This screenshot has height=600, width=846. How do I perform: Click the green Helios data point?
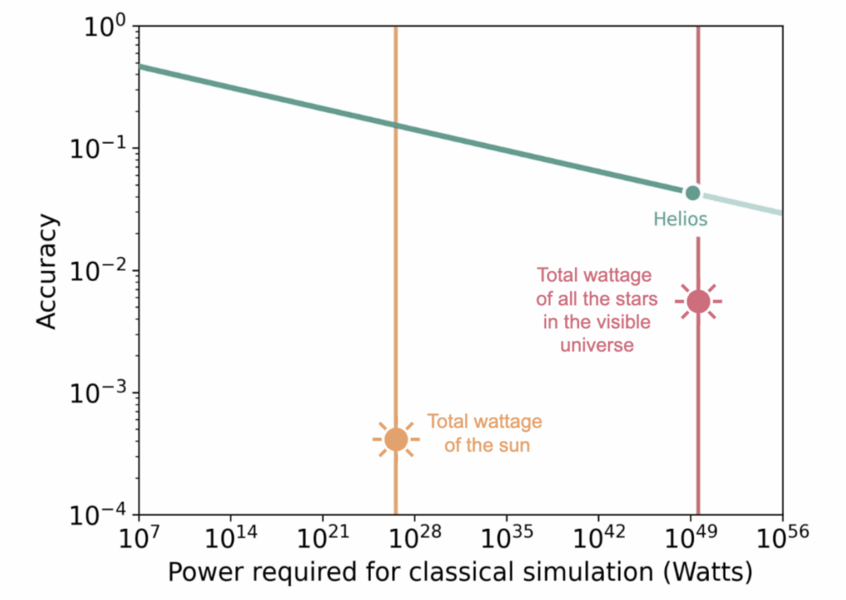(x=692, y=193)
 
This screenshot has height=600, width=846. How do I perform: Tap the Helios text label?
(x=681, y=220)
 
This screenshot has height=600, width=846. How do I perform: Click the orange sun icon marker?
(x=396, y=439)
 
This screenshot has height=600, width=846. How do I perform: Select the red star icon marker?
(x=699, y=302)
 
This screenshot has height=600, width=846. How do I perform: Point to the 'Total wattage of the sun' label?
(x=485, y=433)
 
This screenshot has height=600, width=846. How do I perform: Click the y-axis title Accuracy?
(x=48, y=271)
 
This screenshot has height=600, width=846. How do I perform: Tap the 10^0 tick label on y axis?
(x=105, y=26)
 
